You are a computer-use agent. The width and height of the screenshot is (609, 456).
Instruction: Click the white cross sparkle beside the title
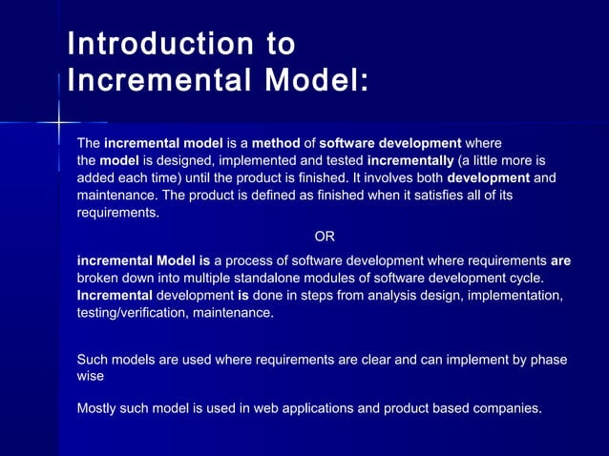coord(59,122)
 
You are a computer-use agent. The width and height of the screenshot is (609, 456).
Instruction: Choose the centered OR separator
coord(325,236)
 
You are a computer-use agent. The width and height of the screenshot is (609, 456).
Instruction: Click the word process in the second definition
coord(250,260)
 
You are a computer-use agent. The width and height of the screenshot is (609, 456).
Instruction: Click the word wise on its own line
coord(90,377)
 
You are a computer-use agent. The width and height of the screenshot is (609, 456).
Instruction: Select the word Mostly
coord(98,409)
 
